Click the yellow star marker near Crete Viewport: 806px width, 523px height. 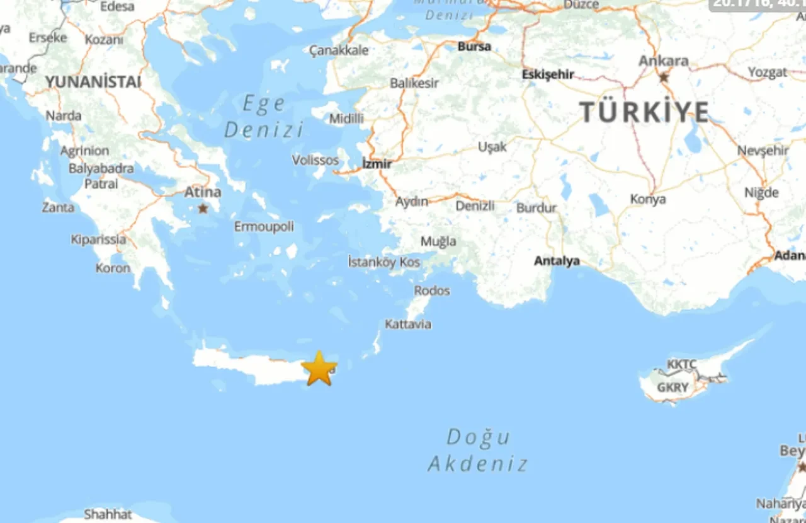(319, 369)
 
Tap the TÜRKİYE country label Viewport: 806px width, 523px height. (644, 112)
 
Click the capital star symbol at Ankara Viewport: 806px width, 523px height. (664, 78)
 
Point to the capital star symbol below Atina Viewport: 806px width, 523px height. (203, 208)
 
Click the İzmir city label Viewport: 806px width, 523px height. (377, 164)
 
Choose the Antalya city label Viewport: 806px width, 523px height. (557, 261)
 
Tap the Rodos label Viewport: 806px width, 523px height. (432, 290)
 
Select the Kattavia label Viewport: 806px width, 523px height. (408, 325)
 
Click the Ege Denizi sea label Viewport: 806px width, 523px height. (264, 117)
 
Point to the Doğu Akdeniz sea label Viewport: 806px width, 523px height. (478, 451)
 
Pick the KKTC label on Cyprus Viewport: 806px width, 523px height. (682, 365)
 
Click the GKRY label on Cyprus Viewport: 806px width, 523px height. (673, 388)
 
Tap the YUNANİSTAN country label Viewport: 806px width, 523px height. (93, 82)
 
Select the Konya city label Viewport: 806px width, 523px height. (648, 199)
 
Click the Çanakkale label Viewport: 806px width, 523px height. (339, 50)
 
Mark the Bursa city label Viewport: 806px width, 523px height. (474, 46)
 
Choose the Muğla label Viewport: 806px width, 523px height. (438, 241)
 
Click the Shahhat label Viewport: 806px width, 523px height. (108, 514)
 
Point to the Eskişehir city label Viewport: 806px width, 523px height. (548, 74)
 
